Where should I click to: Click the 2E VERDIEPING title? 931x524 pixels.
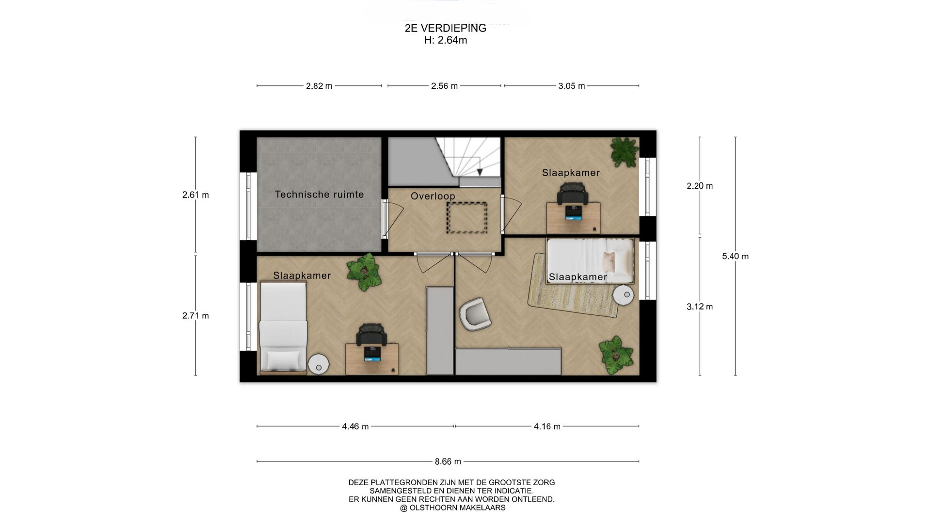coord(445,28)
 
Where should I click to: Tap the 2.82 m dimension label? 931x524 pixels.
coord(319,86)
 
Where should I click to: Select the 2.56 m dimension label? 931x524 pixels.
coord(444,86)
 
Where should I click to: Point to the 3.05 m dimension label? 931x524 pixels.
coord(572,86)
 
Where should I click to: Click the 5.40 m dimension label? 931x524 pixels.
coord(735,256)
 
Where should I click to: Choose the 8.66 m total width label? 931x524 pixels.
coord(448,461)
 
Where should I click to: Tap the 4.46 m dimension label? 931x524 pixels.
coord(355,426)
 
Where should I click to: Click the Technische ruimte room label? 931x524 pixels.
coord(319,195)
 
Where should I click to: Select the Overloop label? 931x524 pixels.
coord(433,196)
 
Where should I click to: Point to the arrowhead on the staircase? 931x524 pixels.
coord(480,172)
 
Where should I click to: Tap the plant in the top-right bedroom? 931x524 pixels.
coord(624,151)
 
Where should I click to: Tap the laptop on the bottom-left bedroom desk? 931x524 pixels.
coord(372,354)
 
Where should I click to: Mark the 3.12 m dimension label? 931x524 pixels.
coord(700,307)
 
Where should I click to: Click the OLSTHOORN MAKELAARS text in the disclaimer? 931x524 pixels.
coord(457,508)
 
